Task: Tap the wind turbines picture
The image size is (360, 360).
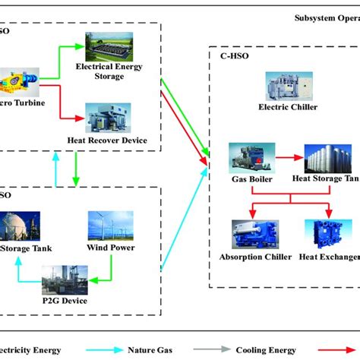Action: [x=112, y=225]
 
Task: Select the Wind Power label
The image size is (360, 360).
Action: [x=112, y=248]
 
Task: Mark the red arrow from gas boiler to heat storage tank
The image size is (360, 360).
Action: [x=289, y=159]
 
